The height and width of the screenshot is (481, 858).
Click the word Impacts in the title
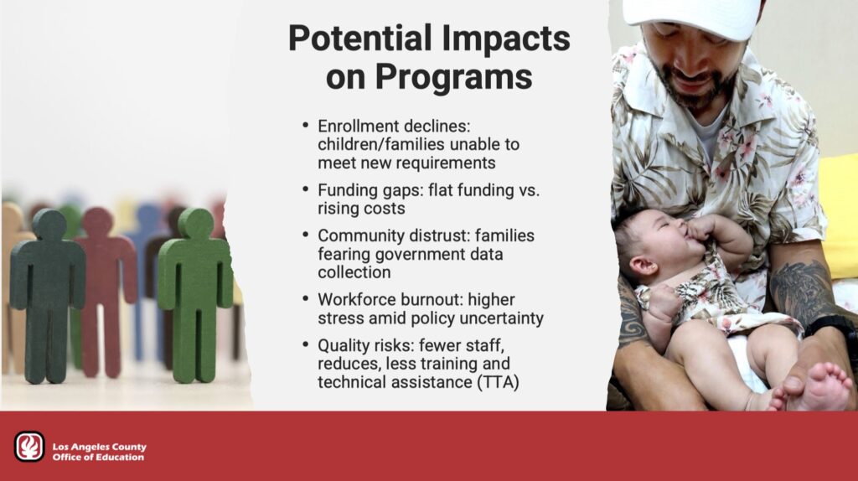pos(505,39)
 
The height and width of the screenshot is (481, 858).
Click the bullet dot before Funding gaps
pos(305,189)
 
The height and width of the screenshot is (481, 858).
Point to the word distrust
pos(432,235)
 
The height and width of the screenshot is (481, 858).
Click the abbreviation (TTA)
pos(498,382)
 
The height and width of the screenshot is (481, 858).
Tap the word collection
pos(354,272)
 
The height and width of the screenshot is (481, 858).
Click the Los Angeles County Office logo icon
pos(29,446)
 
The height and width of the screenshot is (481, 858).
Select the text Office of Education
pos(98,457)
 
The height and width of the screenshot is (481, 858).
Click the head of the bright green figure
pos(195,223)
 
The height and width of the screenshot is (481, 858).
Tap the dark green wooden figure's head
pos(49,224)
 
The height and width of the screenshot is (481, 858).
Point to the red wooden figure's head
pos(97,222)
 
